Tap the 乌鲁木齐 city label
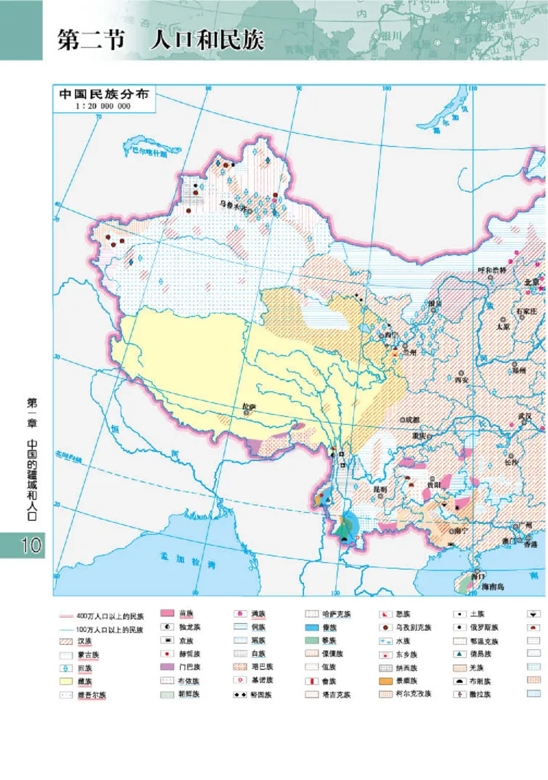pyautogui.click(x=231, y=203)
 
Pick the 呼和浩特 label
pyautogui.click(x=491, y=269)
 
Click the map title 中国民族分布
pyautogui.click(x=104, y=94)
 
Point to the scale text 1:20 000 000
pyautogui.click(x=104, y=106)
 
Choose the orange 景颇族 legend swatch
pyautogui.click(x=387, y=681)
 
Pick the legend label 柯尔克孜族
pyautogui.click(x=414, y=694)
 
